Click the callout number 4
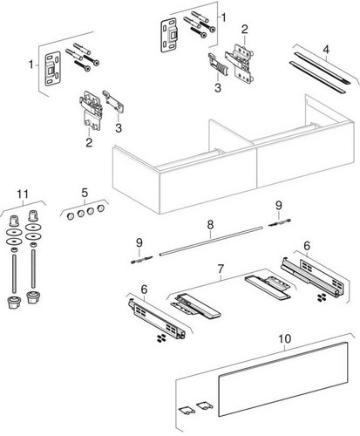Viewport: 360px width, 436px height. pos(326,50)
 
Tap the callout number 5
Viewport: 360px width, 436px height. pos(85,192)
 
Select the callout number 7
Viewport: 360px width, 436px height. pos(221,269)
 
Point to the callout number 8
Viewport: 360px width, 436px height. pos(210,224)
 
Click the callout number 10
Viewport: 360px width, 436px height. pos(284,338)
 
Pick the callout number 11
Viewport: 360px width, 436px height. pos(23,194)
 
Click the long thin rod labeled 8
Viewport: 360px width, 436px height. pos(211,241)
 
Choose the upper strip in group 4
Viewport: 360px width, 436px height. pos(323,67)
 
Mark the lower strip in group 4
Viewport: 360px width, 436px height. pos(317,77)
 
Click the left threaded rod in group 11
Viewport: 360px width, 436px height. pos(14,272)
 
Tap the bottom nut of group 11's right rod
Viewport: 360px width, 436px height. pos(32,297)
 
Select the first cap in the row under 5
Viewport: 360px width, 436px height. pos(71,216)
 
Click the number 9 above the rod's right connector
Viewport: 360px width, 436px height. pos(279,206)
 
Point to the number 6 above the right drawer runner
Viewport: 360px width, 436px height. pos(307,246)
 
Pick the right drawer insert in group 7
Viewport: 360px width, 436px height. pos(268,288)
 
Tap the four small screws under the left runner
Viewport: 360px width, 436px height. pos(161,338)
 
